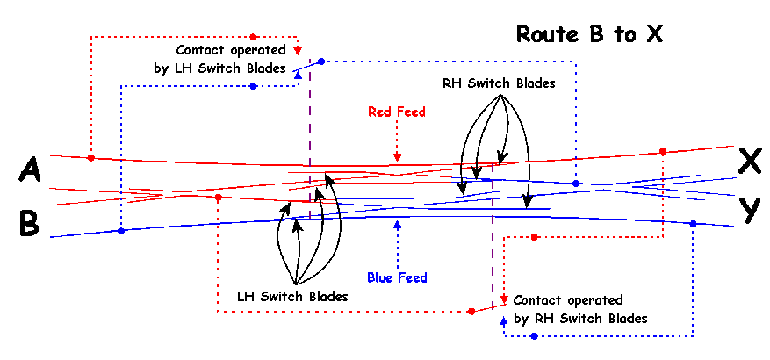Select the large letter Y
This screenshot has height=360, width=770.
(749, 210)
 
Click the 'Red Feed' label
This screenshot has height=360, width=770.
(397, 112)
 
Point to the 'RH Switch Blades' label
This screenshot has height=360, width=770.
(499, 83)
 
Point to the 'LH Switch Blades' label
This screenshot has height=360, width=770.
(292, 297)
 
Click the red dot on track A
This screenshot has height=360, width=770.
(91, 158)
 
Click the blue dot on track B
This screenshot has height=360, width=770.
(121, 231)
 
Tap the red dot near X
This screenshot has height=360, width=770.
(662, 151)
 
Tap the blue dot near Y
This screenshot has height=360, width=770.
(693, 224)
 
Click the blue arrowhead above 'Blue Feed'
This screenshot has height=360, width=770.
(398, 224)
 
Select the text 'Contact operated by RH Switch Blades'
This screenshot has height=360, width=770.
(580, 309)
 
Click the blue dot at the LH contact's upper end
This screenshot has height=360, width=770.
(321, 61)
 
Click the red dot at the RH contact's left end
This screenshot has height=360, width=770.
(471, 311)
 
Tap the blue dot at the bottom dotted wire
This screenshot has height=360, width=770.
(534, 336)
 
